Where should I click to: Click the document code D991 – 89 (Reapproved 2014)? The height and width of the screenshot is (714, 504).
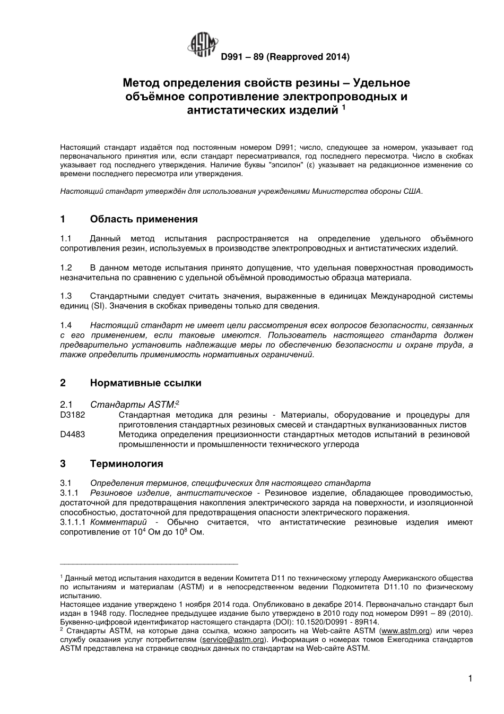coord(285,56)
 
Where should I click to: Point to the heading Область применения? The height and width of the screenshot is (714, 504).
coord(144,219)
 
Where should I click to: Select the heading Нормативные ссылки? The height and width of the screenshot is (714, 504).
coord(146,383)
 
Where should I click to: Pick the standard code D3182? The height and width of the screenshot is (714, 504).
coord(73,415)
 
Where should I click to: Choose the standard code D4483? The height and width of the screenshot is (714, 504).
coord(73,434)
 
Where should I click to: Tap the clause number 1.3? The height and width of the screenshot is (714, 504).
coord(66,296)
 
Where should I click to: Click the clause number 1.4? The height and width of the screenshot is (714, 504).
coord(66,325)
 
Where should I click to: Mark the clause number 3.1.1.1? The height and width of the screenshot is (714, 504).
coord(73,522)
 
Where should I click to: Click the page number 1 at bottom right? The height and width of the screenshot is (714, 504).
coord(470,678)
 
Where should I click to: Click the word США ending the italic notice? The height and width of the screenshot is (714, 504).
coord(412,191)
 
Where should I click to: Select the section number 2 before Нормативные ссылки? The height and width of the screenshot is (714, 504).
coord(63,383)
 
